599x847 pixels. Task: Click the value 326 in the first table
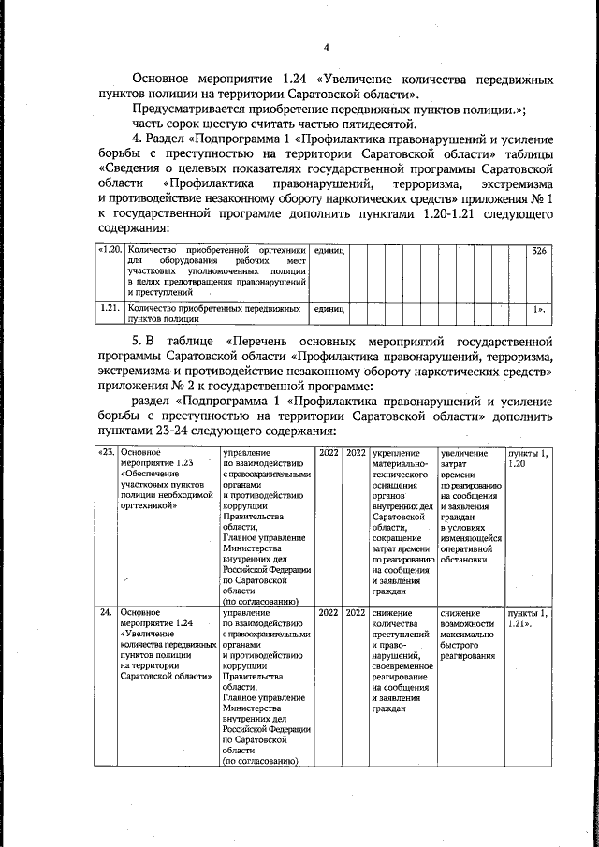tap(538, 252)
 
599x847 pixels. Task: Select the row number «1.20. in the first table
tap(111, 251)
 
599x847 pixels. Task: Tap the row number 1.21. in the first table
tap(111, 307)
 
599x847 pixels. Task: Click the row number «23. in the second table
tap(108, 453)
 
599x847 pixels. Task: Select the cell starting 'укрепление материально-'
tap(401, 524)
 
